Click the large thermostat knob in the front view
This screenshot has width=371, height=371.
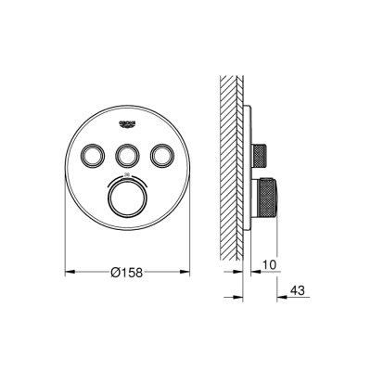[x=127, y=197]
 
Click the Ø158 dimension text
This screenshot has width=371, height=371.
[x=127, y=274]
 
